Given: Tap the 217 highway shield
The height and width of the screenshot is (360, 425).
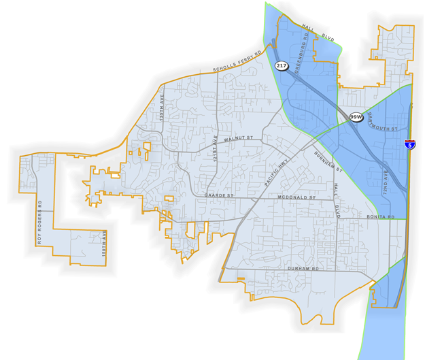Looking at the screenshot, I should click(x=282, y=65).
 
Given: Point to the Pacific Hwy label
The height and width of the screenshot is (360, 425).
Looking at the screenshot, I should click(x=275, y=174).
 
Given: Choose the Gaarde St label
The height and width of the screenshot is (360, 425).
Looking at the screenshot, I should click(x=219, y=196).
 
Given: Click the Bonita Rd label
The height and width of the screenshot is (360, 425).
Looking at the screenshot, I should click(x=381, y=216).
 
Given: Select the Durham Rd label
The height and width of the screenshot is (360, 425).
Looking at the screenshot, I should click(x=303, y=269).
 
